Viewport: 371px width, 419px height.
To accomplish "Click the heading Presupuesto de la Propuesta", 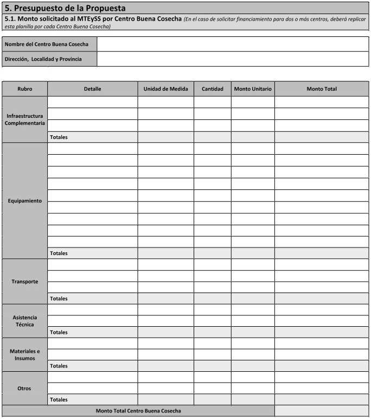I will pos(65,8).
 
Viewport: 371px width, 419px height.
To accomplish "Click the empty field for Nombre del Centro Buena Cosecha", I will pos(233,44).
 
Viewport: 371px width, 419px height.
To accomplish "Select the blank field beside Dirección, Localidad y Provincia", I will pos(233,59).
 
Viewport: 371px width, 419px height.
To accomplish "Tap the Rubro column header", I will pos(25,89).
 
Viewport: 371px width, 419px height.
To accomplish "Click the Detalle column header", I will pos(92,89).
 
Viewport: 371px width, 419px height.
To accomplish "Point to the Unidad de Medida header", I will pos(165,89).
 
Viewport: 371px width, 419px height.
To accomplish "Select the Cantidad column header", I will pos(212,89).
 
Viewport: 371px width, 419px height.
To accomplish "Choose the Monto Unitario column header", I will pos(253,89).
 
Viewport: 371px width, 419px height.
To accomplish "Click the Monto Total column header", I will pos(322,89).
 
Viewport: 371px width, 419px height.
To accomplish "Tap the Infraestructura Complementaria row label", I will pos(25,119).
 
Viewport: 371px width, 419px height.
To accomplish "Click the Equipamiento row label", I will pos(25,201).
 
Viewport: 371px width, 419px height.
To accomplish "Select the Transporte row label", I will pos(25,282).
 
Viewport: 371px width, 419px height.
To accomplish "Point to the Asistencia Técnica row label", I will pos(25,321).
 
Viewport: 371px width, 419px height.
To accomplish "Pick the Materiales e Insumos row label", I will pos(25,354).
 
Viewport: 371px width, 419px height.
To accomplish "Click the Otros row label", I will pos(25,389).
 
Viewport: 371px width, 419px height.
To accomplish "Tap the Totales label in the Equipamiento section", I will pos(59,253).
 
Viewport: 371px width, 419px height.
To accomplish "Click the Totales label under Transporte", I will pos(59,299).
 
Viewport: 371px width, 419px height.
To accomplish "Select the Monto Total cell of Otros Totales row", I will pos(322,399).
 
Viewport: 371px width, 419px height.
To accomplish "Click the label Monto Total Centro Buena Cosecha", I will pos(138,411).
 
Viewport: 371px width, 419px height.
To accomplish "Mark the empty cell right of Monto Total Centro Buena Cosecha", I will pos(322,411).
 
